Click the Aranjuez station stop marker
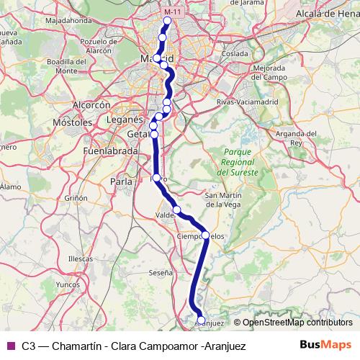pos(201,320)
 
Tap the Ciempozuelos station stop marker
pos(205,235)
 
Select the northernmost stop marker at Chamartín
pos(167,20)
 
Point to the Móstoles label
pos(70,123)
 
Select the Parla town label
pos(123,182)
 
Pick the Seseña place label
pos(161,273)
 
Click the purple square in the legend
pos(11,346)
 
